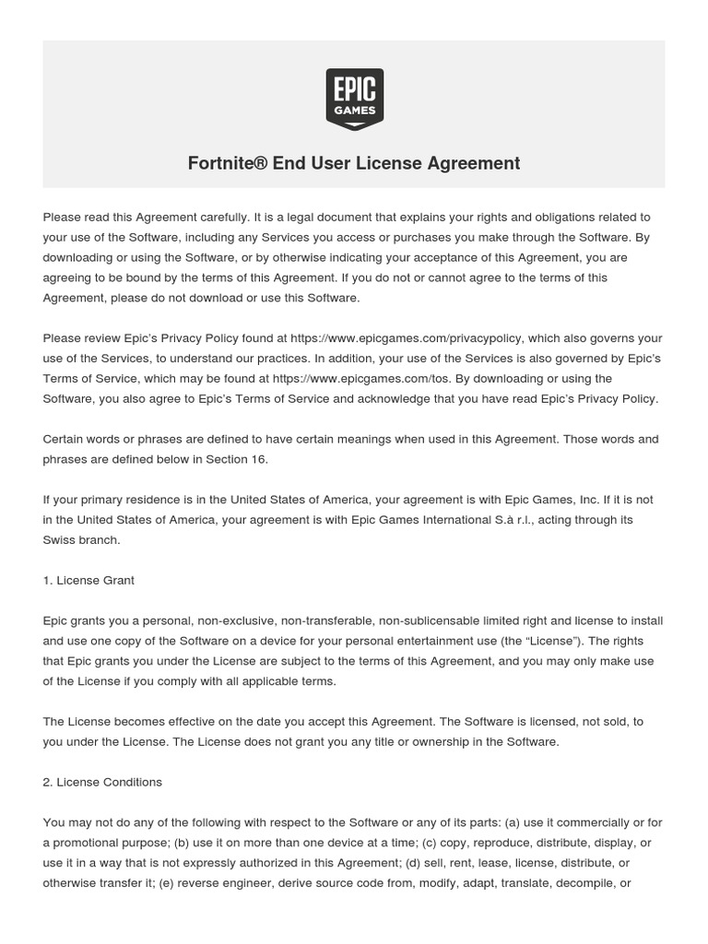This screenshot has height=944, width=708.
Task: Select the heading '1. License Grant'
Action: [x=88, y=580]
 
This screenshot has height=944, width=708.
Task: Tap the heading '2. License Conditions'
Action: [x=102, y=782]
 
